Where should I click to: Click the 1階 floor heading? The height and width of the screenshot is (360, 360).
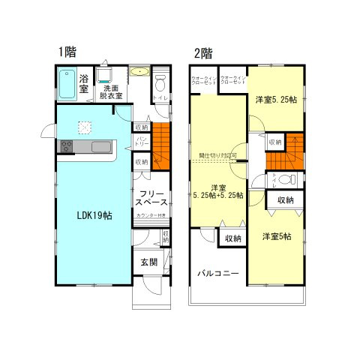(x=67, y=52)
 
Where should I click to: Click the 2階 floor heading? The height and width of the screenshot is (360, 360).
(x=203, y=53)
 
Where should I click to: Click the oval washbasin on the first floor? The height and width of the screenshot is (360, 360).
(x=139, y=73)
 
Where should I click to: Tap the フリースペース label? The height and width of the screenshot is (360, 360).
(x=151, y=199)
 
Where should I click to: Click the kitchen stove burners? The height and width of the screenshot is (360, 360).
(x=64, y=146)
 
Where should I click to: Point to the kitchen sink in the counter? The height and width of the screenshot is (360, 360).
(x=100, y=147)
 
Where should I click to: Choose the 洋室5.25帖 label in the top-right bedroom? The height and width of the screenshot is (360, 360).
(x=275, y=99)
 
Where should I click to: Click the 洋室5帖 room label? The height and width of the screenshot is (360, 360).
(x=277, y=237)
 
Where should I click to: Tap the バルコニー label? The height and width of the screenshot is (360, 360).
(x=217, y=274)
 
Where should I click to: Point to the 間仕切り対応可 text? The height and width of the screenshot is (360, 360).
(x=218, y=155)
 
